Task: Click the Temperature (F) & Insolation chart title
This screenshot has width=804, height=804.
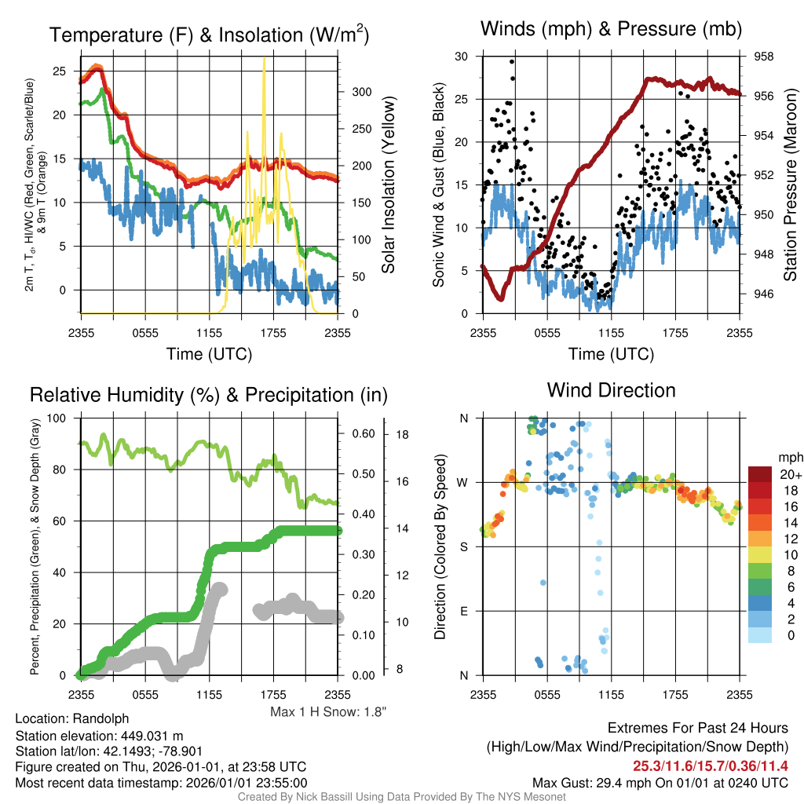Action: (x=209, y=35)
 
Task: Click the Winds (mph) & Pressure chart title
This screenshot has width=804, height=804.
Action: (x=611, y=29)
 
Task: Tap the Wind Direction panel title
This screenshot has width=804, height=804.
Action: (x=611, y=390)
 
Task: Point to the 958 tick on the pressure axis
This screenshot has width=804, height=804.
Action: (x=763, y=57)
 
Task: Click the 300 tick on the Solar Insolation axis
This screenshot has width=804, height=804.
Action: (x=362, y=92)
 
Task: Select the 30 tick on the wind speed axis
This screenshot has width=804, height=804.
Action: (x=462, y=57)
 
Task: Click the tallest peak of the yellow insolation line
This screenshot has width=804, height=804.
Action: (x=264, y=58)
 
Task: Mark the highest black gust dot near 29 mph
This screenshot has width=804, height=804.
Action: (x=512, y=61)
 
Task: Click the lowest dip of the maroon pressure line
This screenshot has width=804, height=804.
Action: (x=501, y=298)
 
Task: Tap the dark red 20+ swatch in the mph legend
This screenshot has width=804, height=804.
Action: (x=760, y=473)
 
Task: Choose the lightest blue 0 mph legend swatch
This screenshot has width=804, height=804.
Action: (x=760, y=635)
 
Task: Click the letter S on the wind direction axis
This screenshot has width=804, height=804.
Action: (x=463, y=547)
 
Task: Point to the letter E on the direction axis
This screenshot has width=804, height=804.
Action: (x=463, y=611)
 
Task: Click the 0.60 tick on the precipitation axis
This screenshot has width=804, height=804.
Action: (x=364, y=433)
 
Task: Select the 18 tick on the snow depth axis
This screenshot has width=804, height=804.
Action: (x=403, y=435)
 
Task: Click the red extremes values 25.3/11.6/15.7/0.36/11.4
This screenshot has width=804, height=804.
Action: (x=710, y=766)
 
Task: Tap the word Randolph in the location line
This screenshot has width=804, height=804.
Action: (x=100, y=719)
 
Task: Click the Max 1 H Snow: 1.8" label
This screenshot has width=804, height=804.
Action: (x=328, y=711)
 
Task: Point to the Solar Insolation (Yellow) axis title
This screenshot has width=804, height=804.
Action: (x=388, y=185)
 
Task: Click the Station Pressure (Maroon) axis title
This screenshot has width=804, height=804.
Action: (x=790, y=185)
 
